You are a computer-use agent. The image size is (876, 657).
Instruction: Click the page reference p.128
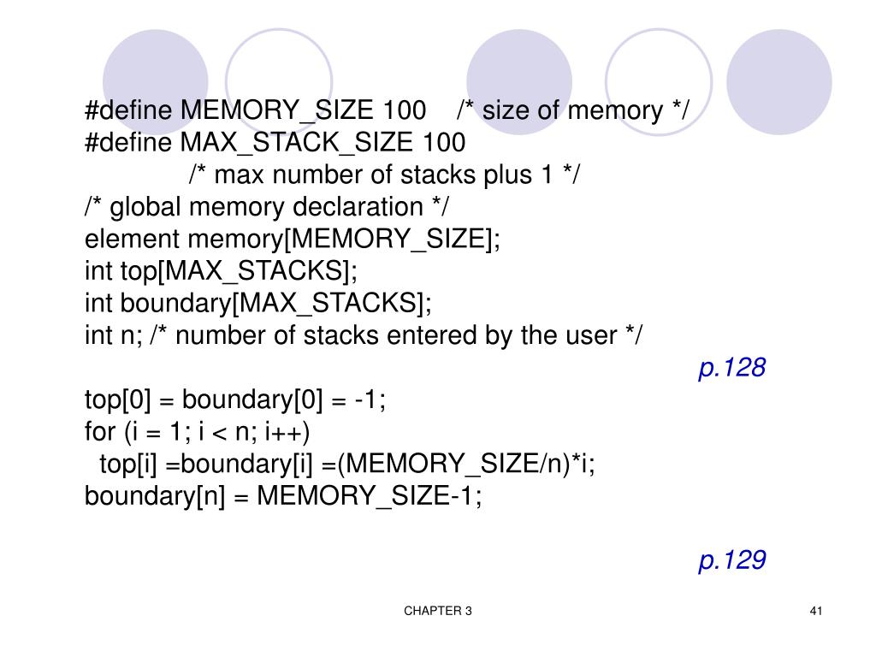point(731,369)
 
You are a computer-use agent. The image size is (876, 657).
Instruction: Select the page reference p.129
point(731,560)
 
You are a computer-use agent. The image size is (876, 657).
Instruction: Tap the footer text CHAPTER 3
point(438,611)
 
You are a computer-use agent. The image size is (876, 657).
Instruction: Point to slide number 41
point(814,611)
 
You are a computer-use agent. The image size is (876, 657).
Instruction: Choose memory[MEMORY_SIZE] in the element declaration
point(342,240)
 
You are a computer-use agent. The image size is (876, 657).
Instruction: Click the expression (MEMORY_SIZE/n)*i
point(466,465)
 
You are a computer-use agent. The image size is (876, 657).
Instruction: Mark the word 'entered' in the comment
point(435,336)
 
